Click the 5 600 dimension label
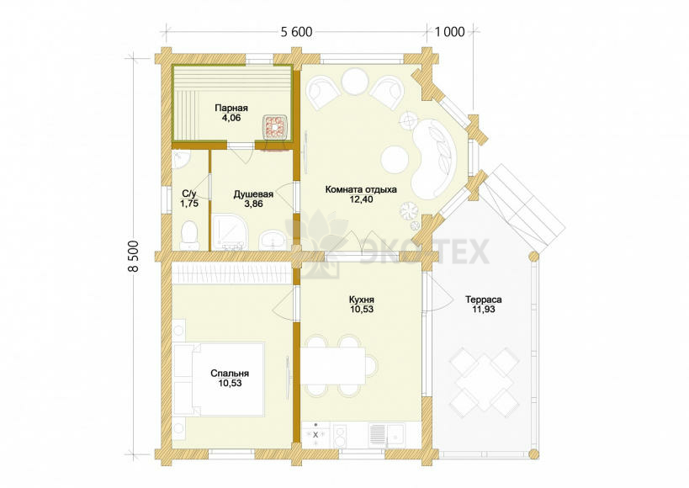[296, 32]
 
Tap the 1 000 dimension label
[449, 32]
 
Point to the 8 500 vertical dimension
[134, 257]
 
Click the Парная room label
[231, 108]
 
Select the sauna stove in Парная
[275, 127]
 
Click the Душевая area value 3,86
[253, 204]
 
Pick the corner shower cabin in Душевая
[230, 232]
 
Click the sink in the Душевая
[273, 241]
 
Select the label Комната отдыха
[361, 189]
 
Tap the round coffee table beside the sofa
[395, 160]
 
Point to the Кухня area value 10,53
[362, 309]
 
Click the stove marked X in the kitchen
[315, 434]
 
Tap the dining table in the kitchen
[333, 365]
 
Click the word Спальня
[230, 374]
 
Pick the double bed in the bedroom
[219, 379]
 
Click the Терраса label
[484, 300]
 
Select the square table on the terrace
[483, 379]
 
